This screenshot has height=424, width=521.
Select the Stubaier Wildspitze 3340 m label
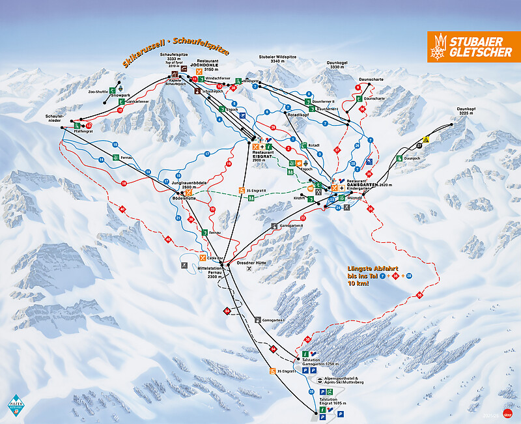277,60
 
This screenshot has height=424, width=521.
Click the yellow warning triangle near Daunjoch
425,139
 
